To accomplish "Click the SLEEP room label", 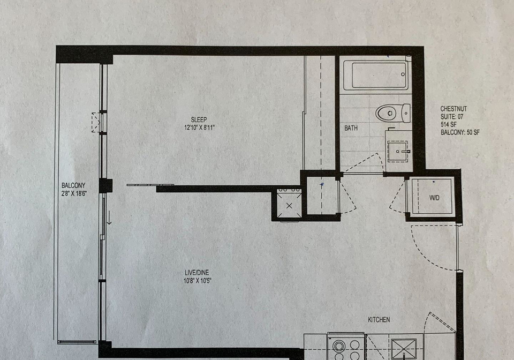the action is click(x=199, y=119).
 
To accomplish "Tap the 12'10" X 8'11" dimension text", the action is click(x=199, y=127).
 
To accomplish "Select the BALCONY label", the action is click(x=73, y=185).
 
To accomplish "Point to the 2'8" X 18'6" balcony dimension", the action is click(x=74, y=193).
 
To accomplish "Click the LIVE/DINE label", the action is click(x=196, y=273).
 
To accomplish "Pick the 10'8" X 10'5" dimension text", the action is click(x=198, y=281).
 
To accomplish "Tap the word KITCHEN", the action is click(x=379, y=319).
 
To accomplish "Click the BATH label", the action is click(x=351, y=128).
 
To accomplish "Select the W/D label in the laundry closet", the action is click(x=434, y=198).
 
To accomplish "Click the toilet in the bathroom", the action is click(x=392, y=113).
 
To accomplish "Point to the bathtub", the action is click(x=376, y=75).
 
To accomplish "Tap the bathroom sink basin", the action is click(x=398, y=152).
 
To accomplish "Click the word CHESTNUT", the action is click(x=453, y=109).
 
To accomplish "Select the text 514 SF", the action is click(x=449, y=125).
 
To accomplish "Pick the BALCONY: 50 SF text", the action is click(x=460, y=132).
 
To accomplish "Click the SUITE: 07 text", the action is click(x=452, y=117).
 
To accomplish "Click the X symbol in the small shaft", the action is click(x=289, y=206).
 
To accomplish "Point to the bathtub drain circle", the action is click(x=403, y=74).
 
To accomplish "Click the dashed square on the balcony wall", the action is click(x=95, y=122).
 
